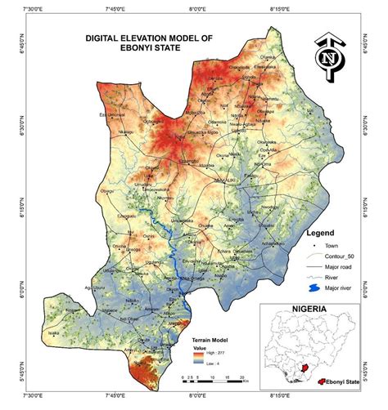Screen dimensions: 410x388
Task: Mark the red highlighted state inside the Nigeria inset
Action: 309,370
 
